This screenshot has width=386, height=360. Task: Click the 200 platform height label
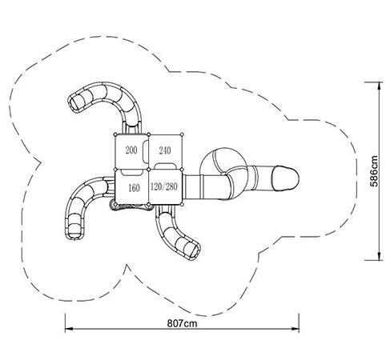(131, 150)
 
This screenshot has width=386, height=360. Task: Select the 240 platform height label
(165, 150)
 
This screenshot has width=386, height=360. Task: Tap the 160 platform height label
(134, 188)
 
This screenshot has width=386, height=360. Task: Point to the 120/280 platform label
(164, 186)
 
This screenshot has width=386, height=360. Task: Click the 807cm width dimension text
(183, 323)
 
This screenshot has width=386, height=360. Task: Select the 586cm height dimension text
(374, 171)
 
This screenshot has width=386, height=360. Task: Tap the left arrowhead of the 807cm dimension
(69, 329)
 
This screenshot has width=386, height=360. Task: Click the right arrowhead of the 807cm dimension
(296, 329)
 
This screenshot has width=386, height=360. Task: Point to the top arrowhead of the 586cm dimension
(379, 86)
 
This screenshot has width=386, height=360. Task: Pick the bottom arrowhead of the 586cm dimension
(379, 256)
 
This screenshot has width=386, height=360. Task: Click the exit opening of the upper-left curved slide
(75, 103)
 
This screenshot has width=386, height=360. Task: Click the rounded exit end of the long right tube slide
(285, 178)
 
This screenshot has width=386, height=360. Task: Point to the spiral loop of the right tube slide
(223, 162)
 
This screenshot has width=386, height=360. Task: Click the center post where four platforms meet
(149, 170)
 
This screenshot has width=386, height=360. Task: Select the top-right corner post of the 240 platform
(182, 134)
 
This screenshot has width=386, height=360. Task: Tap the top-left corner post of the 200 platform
(115, 134)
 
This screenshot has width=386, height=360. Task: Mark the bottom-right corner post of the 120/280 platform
(182, 205)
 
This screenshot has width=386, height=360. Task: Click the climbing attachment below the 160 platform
(131, 206)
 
